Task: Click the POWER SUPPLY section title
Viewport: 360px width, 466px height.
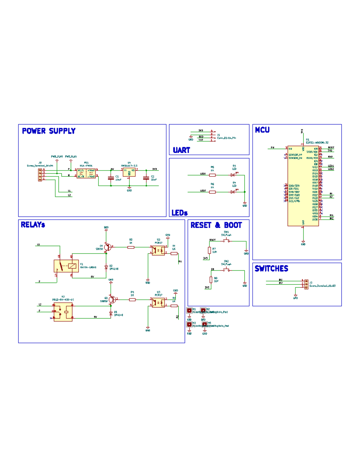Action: pyautogui.click(x=49, y=131)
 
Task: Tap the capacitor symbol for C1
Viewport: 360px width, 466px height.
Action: pyautogui.click(x=111, y=178)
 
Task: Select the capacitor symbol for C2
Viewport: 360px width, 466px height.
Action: pyautogui.click(x=146, y=178)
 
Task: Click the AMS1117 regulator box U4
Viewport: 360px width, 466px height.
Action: pyautogui.click(x=129, y=172)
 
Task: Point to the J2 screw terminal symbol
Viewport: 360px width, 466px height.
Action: pyautogui.click(x=40, y=175)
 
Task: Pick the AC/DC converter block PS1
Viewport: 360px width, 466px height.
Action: pyautogui.click(x=86, y=173)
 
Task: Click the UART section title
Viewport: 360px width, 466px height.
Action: pyautogui.click(x=181, y=150)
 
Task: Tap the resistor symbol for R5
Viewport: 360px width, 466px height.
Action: pyautogui.click(x=212, y=175)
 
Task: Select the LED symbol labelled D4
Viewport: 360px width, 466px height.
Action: pyautogui.click(x=233, y=192)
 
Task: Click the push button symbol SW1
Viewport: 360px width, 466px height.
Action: pyautogui.click(x=226, y=241)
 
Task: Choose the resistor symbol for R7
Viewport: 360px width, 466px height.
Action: pyautogui.click(x=209, y=250)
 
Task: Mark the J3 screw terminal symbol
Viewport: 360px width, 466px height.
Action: pyautogui.click(x=306, y=284)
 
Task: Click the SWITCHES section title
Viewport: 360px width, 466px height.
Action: pyautogui.click(x=271, y=269)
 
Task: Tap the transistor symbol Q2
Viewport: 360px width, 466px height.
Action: pyautogui.click(x=112, y=299)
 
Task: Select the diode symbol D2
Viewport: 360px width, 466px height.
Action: pyautogui.click(x=106, y=267)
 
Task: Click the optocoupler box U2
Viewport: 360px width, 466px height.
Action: pyautogui.click(x=158, y=250)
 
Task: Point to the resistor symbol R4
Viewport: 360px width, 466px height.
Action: pyautogui.click(x=132, y=299)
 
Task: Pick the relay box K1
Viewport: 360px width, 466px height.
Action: pyautogui.click(x=66, y=266)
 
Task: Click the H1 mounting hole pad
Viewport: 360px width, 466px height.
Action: pyautogui.click(x=189, y=311)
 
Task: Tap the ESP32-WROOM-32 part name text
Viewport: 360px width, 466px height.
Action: pyautogui.click(x=317, y=143)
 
